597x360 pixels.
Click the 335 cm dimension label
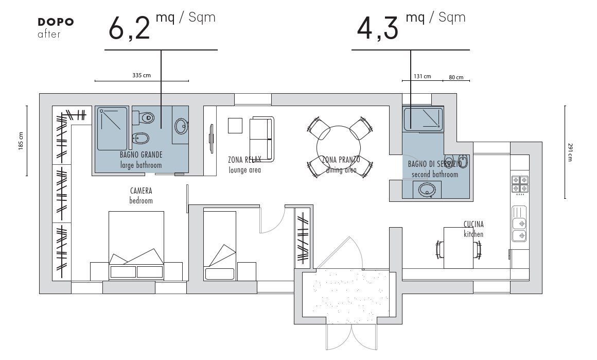141,75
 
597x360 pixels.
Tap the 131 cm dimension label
422,77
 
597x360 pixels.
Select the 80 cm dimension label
456,77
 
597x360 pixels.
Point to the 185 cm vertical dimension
21,141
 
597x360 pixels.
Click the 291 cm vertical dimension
570,152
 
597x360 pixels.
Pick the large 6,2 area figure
129,28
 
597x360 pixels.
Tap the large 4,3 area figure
377,28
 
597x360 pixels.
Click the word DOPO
56,22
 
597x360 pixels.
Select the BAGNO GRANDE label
141,155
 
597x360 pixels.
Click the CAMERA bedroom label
141,195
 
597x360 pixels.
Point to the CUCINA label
473,225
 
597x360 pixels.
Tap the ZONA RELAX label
244,160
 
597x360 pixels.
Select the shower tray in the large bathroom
112,129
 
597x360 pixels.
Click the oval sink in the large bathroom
181,126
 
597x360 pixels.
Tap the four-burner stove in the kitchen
520,184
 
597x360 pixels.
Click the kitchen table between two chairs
459,248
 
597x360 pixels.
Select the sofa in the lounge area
261,139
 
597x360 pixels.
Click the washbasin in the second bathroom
427,190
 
